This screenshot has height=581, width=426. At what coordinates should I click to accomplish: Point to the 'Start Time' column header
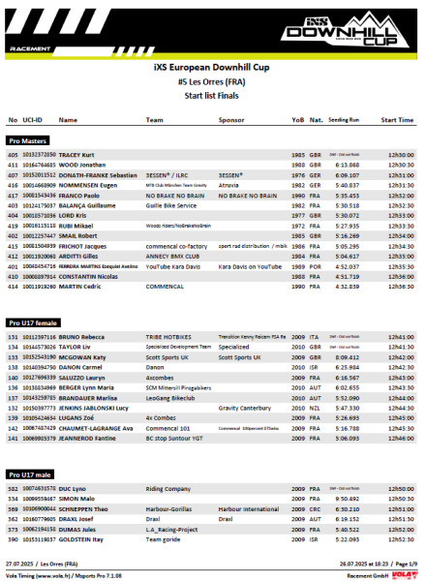(x=397, y=120)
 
